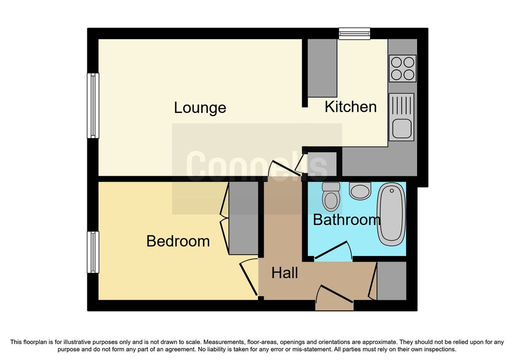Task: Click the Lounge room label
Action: pyautogui.click(x=200, y=107)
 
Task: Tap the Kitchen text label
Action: pyautogui.click(x=350, y=107)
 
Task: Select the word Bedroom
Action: pyautogui.click(x=178, y=242)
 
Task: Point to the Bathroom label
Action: pyautogui.click(x=346, y=220)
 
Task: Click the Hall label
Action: pyautogui.click(x=285, y=273)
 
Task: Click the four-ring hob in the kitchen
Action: pyautogui.click(x=403, y=68)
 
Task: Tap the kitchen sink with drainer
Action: pyautogui.click(x=402, y=117)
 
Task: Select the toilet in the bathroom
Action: pyautogui.click(x=331, y=197)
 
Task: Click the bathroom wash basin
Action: pyautogui.click(x=360, y=191)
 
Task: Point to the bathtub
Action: pyautogui.click(x=392, y=214)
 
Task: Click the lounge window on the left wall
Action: pyautogui.click(x=93, y=105)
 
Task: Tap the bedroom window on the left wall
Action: pyautogui.click(x=93, y=252)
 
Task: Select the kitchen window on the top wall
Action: pyautogui.click(x=354, y=34)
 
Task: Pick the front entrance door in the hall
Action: pyautogui.click(x=334, y=298)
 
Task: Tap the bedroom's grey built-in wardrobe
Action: pyautogui.click(x=243, y=218)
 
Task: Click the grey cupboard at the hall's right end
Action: pyautogui.click(x=392, y=281)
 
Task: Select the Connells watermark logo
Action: pyautogui.click(x=257, y=166)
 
